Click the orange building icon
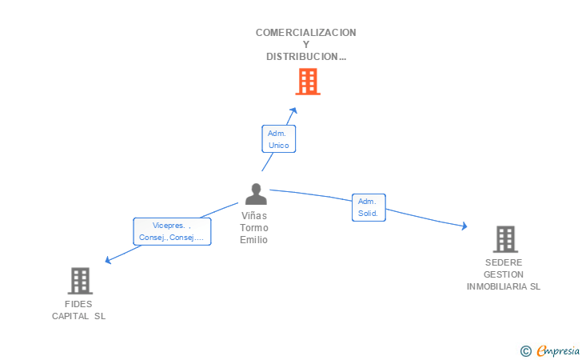(x=308, y=82)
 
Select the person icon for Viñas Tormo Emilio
(x=256, y=194)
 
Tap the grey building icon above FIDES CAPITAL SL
(x=80, y=281)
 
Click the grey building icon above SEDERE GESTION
(x=505, y=239)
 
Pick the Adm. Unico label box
(x=279, y=139)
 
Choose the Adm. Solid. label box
(x=369, y=207)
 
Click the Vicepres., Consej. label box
(x=172, y=231)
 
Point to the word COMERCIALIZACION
(x=306, y=33)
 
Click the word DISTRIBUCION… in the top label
(x=306, y=57)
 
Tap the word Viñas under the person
(x=254, y=216)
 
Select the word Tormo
(x=254, y=228)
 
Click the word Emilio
(x=254, y=240)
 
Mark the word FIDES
(x=78, y=304)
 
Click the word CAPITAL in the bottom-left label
(x=70, y=316)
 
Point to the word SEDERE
(x=504, y=262)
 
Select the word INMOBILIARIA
(x=497, y=287)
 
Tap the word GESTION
(x=504, y=274)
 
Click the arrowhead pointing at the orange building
(x=293, y=110)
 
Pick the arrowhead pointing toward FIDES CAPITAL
(x=108, y=260)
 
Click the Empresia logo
(x=550, y=350)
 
